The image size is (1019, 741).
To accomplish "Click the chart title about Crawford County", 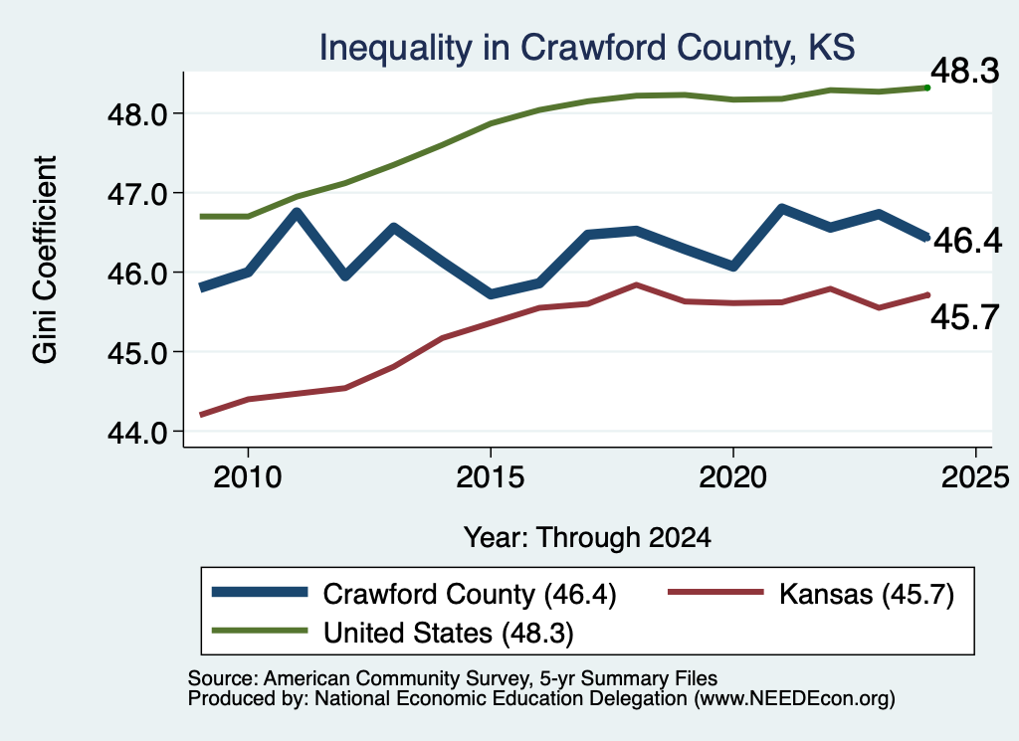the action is coord(587,48).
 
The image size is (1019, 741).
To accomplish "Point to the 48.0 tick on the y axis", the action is coord(137,114).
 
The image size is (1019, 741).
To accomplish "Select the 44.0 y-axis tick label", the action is coord(137,432).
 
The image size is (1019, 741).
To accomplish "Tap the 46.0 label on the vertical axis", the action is coord(137,274).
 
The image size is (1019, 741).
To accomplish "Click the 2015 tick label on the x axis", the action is coord(490,477).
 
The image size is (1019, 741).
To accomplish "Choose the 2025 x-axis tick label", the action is coord(975,477).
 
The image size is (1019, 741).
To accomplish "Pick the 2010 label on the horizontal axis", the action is coord(248,477).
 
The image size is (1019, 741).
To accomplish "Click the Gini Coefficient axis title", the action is coord(46,260).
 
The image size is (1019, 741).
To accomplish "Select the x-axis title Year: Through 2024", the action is coord(587,538).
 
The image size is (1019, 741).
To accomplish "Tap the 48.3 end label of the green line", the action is coord(965,71).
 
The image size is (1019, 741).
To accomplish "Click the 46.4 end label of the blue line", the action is coord(968,241).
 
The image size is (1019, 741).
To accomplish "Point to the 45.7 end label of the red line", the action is coord(965,317).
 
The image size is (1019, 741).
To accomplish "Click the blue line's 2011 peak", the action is coord(297,213).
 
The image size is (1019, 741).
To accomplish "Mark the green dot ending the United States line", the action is coord(927,88).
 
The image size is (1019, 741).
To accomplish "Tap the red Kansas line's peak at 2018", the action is coord(636,284).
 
